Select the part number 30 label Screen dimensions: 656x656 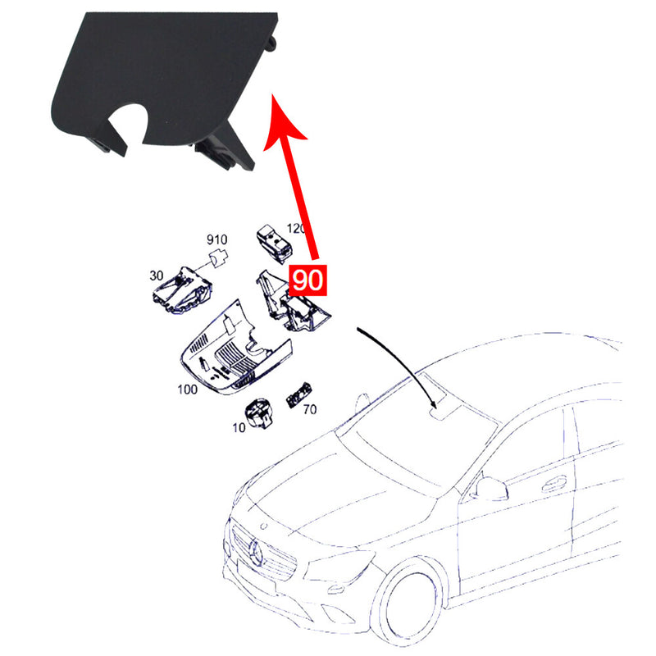(156, 276)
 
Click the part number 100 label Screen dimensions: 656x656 (187, 389)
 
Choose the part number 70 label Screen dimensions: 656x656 (310, 408)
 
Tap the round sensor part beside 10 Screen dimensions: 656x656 (260, 412)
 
